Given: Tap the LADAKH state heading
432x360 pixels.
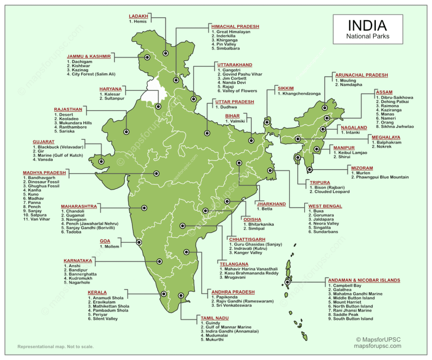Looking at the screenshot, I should [138, 16].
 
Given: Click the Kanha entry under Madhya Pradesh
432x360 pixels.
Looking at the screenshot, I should [34, 190].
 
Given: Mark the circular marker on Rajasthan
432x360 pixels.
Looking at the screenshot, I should [126, 131].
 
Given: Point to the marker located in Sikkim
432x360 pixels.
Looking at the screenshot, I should [267, 123].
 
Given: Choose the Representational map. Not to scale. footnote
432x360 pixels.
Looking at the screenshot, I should [55, 347].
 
